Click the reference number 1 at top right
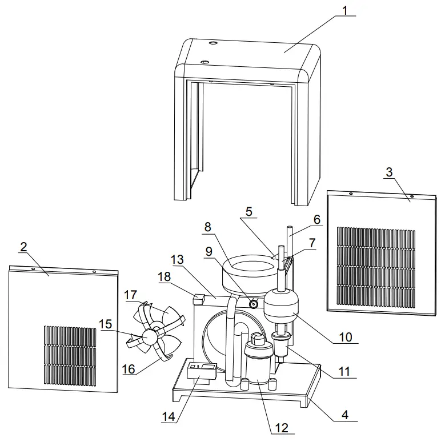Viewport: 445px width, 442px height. (344, 10)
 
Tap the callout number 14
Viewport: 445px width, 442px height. (168, 417)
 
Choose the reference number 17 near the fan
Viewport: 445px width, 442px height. (131, 295)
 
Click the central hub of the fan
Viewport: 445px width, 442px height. (152, 337)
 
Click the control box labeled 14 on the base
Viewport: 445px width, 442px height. (203, 372)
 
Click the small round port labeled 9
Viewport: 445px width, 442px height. (255, 304)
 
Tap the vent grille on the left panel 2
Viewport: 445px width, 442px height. (70, 354)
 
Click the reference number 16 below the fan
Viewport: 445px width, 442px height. (130, 369)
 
